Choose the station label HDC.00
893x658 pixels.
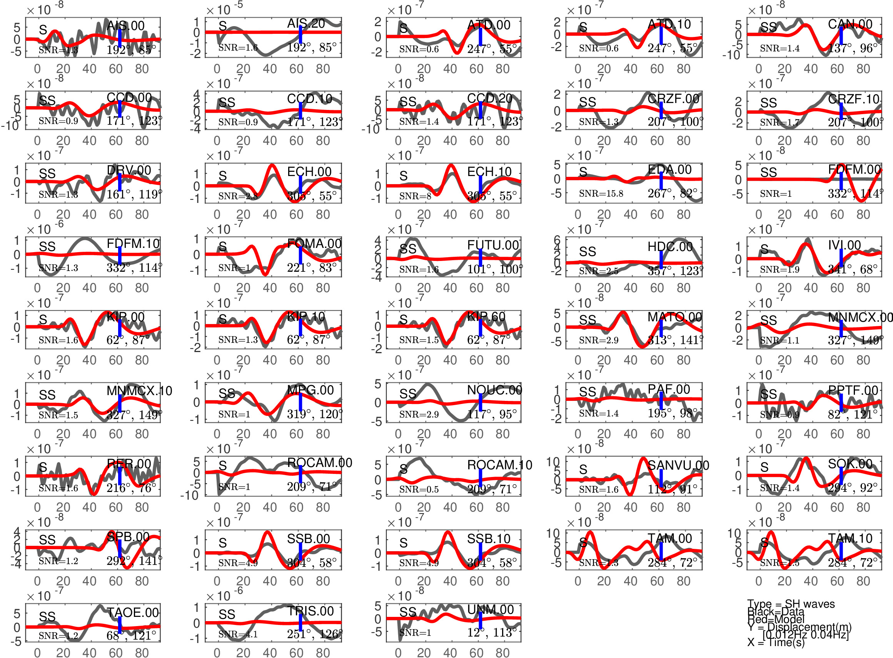click(x=670, y=246)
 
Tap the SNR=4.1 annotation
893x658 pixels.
click(x=238, y=634)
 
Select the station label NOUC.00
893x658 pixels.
click(x=494, y=390)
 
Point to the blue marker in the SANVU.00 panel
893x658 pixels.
click(x=661, y=479)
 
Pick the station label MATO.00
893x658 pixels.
click(x=674, y=317)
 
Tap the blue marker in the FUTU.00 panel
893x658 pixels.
click(x=481, y=257)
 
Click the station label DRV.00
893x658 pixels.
click(x=129, y=170)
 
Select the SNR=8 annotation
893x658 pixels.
click(x=415, y=196)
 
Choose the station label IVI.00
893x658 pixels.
click(x=844, y=245)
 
